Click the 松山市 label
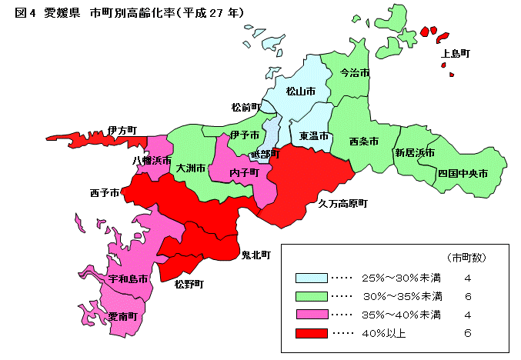tap(301, 92)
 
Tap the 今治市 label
tap(354, 73)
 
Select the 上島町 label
tap(456, 54)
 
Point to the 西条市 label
tap(363, 142)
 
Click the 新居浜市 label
tap(415, 153)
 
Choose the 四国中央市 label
tap(463, 174)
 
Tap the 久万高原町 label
tap(343, 204)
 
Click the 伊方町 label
tap(122, 129)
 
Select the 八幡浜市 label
tap(151, 160)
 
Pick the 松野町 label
tap(189, 284)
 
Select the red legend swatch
tap(310, 333)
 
